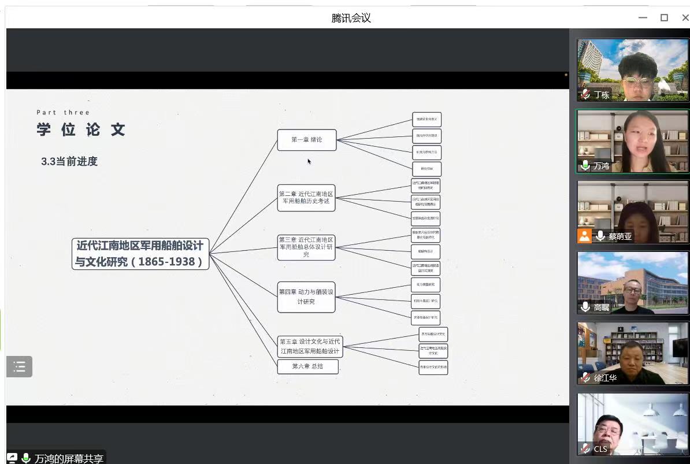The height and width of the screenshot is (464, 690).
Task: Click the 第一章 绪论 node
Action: tap(306, 140)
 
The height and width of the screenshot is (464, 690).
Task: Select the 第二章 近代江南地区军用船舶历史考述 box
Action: tap(306, 198)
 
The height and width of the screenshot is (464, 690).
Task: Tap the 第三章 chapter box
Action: tap(306, 247)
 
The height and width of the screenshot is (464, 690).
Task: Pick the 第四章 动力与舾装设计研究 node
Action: tap(306, 297)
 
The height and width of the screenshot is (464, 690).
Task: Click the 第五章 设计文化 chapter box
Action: tap(310, 346)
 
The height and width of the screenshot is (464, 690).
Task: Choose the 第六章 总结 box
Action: tap(307, 366)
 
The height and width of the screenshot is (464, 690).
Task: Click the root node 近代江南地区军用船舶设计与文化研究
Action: tap(140, 254)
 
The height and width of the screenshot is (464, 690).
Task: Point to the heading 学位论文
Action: tap(81, 129)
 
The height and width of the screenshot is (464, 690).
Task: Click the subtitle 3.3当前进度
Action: tap(69, 162)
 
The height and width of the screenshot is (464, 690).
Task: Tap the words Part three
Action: tap(64, 113)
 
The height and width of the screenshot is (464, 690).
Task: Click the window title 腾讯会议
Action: tap(351, 18)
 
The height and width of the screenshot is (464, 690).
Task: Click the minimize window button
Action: tap(643, 18)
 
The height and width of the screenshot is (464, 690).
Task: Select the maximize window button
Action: tap(665, 18)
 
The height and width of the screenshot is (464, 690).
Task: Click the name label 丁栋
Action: tap(602, 95)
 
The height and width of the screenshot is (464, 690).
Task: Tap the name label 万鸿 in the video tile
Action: tap(601, 166)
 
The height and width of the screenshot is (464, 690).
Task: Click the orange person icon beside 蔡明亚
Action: tap(585, 236)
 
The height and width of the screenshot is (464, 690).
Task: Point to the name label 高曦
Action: tap(602, 307)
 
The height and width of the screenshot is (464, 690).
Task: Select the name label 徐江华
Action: tap(605, 378)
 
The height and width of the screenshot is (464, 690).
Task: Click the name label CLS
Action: tap(600, 449)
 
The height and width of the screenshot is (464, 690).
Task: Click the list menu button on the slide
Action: tap(19, 366)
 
